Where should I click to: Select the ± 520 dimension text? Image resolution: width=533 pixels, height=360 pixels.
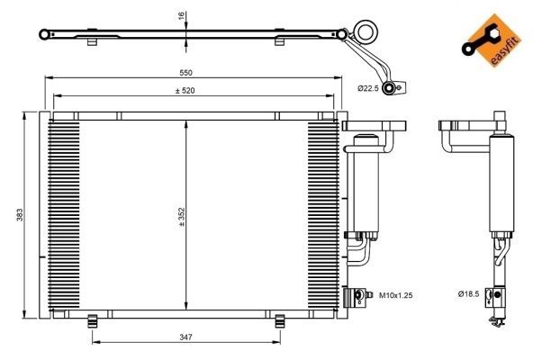pyautogui.click(x=186, y=89)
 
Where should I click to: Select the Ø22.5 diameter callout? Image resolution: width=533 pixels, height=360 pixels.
pyautogui.click(x=367, y=87)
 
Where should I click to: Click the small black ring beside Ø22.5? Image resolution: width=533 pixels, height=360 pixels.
pyautogui.click(x=390, y=87)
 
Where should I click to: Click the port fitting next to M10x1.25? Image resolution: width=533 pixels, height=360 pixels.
pyautogui.click(x=362, y=294)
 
